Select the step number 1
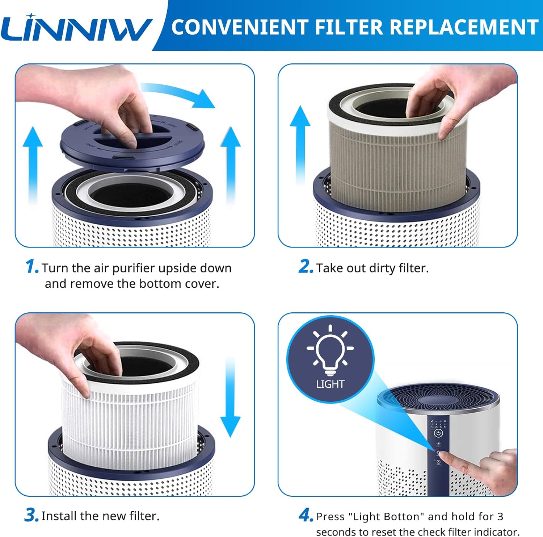click(x=31, y=267)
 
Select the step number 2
click(x=305, y=267)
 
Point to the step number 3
click(x=31, y=515)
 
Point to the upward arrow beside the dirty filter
click(x=300, y=145)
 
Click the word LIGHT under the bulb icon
click(x=330, y=384)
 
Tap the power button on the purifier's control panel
click(x=438, y=433)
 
